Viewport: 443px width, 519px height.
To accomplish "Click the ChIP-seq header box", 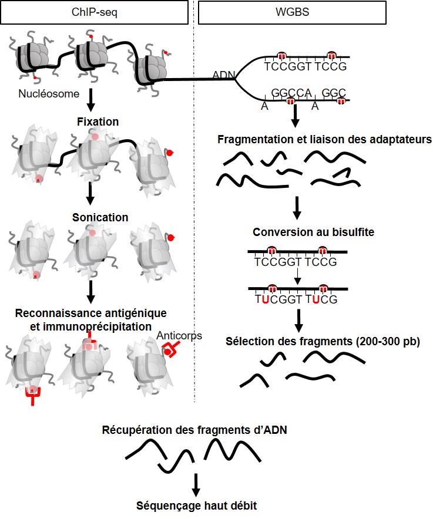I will (x=98, y=12).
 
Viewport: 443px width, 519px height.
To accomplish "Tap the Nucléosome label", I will (x=48, y=93).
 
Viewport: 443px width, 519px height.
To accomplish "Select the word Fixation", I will (x=98, y=122).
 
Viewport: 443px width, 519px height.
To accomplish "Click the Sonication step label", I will (x=100, y=217).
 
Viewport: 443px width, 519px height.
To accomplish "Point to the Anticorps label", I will (x=180, y=335).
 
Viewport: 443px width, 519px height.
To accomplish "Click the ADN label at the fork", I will (x=223, y=75).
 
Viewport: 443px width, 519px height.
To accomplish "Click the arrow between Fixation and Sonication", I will (x=91, y=192).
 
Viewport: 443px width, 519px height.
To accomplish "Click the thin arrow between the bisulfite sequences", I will (x=298, y=275).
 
